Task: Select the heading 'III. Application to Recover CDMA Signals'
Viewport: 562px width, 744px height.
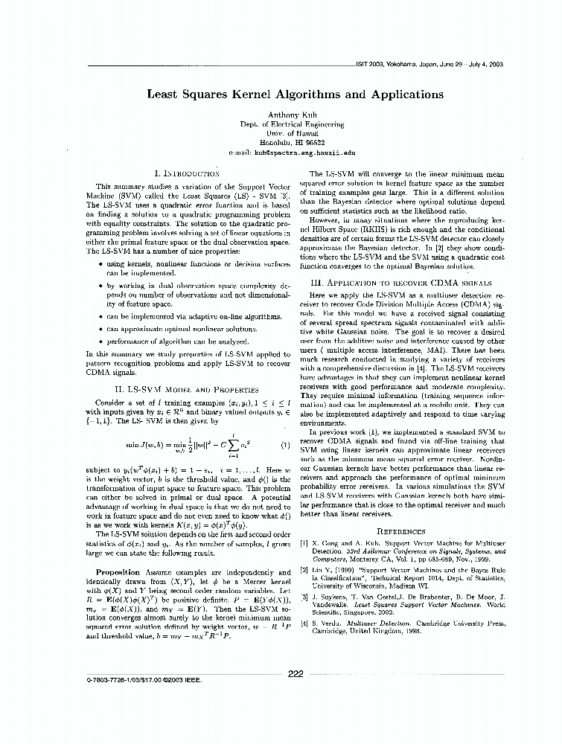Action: point(400,283)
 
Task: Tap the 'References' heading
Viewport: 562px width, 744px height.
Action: point(400,531)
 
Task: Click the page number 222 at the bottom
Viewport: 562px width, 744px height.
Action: point(296,674)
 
